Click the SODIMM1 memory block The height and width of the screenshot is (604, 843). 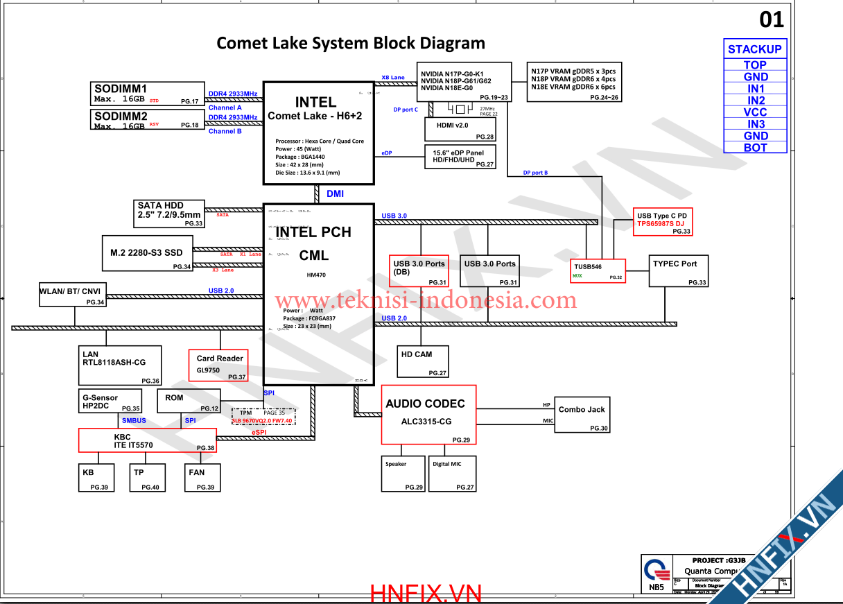click(148, 94)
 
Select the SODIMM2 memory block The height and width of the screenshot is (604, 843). click(148, 120)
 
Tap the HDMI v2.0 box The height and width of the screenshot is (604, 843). click(460, 130)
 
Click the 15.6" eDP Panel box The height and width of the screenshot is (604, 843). click(460, 157)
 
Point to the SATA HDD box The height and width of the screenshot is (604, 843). click(170, 214)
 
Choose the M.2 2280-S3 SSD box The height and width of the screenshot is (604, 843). click(147, 254)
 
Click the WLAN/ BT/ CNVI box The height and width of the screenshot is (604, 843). click(72, 295)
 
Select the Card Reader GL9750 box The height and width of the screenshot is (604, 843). click(218, 365)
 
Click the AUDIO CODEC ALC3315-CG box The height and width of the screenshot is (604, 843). click(428, 414)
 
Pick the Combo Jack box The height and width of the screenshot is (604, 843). click(582, 415)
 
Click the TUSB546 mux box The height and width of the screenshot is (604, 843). click(598, 270)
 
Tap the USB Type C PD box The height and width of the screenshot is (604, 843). click(663, 222)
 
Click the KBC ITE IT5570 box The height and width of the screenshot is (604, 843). click(147, 441)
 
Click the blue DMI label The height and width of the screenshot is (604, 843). click(335, 194)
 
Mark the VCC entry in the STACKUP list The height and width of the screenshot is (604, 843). click(755, 112)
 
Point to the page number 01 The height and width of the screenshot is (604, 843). click(772, 20)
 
